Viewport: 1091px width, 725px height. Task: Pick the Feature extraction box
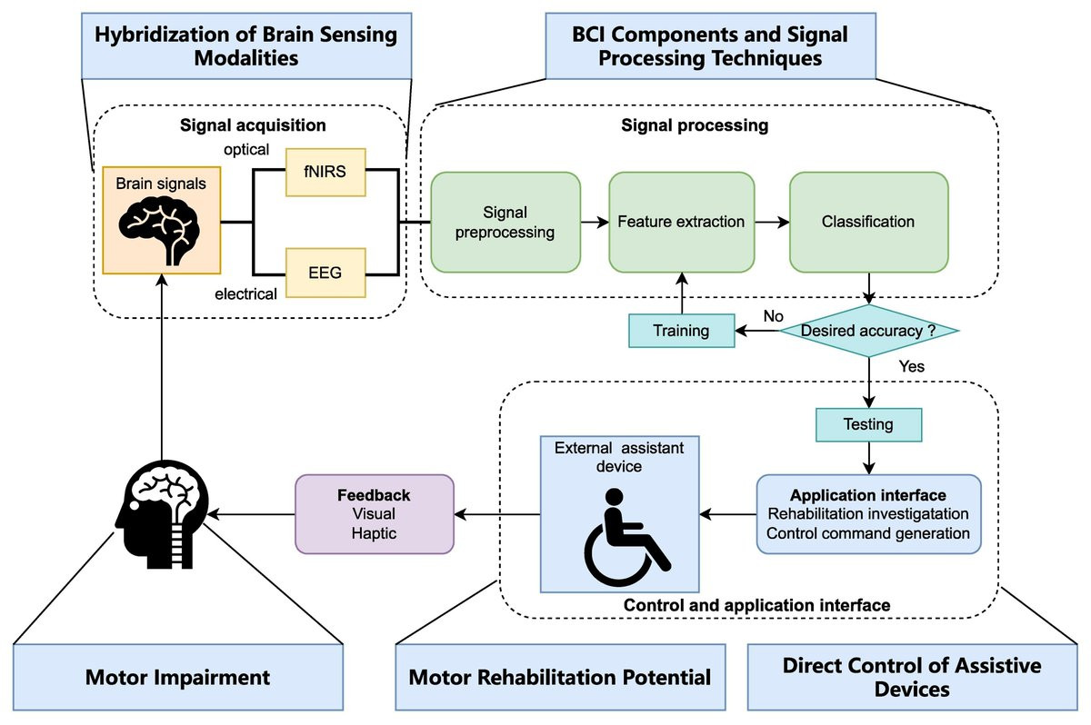click(681, 221)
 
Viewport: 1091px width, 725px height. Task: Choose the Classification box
click(868, 221)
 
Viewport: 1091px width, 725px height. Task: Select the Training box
click(682, 331)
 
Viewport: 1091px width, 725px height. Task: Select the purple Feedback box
click(375, 513)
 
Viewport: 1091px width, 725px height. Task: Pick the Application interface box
click(868, 514)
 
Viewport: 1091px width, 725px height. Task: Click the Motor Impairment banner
click(177, 677)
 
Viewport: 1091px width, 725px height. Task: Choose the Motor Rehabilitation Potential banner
click(560, 677)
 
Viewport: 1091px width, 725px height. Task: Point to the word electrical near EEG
click(245, 294)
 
